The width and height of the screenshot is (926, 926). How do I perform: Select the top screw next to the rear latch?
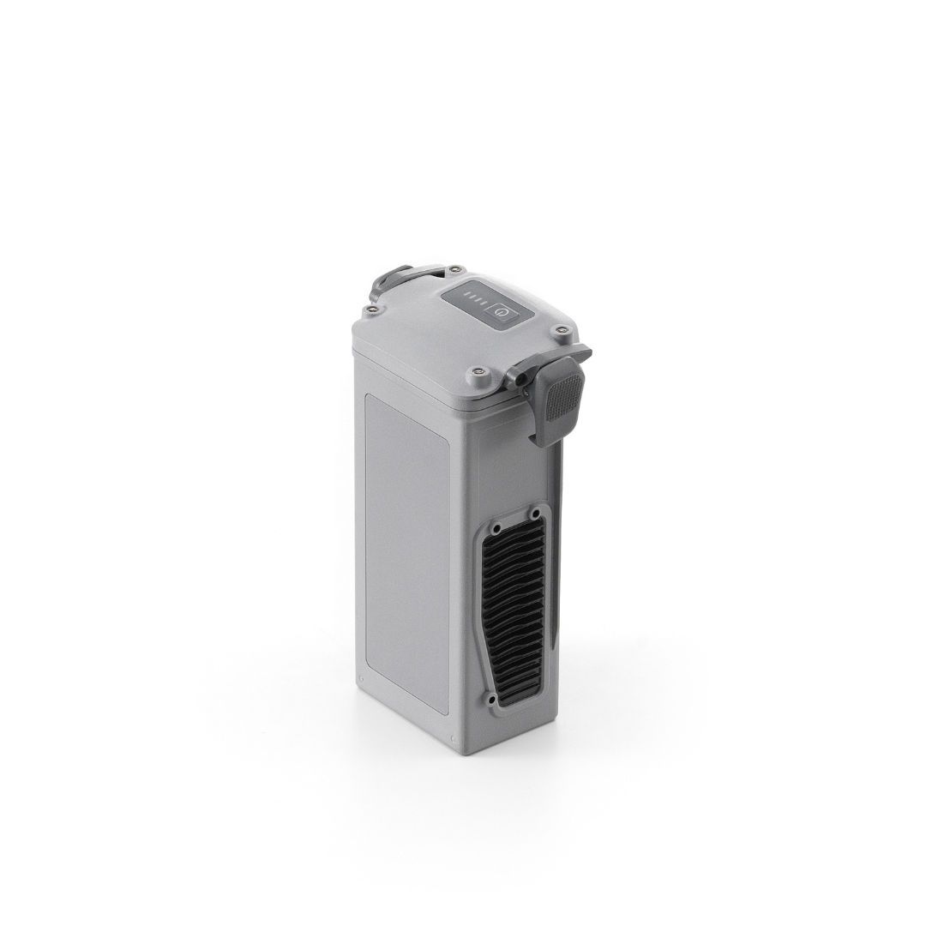point(454,269)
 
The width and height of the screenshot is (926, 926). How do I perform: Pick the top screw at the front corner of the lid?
point(478,373)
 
